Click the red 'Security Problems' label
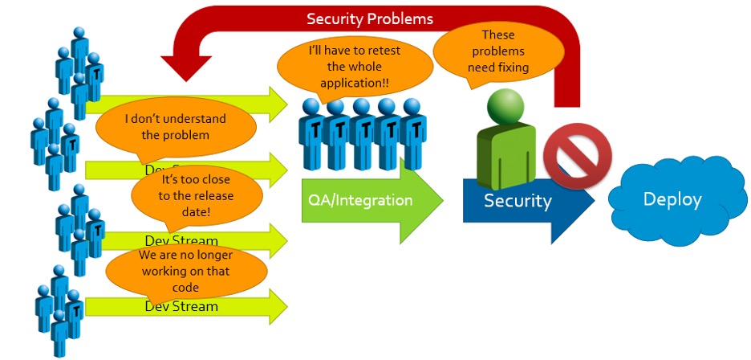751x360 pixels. [370, 18]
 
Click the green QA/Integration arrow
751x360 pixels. [369, 200]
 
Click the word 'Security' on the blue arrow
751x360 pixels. [518, 201]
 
